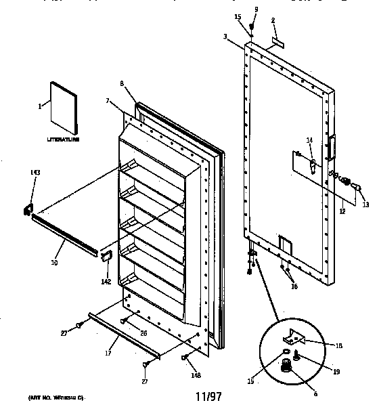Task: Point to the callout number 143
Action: (35, 173)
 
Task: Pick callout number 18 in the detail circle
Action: (338, 345)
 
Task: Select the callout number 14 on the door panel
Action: (309, 140)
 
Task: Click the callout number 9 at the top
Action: (255, 8)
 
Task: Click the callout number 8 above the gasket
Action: (122, 83)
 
